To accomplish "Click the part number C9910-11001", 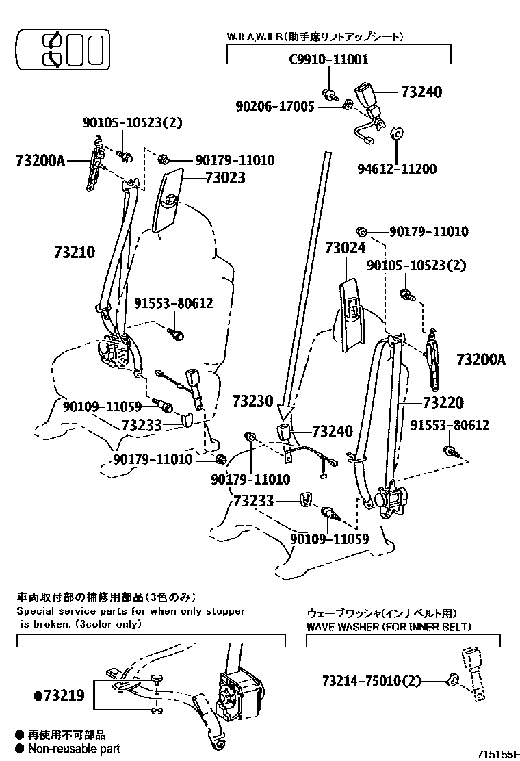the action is point(328,60).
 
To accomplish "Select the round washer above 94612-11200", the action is point(395,133).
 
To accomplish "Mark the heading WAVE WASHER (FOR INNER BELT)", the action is point(388,626).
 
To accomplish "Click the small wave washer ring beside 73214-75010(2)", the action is point(452,680).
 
